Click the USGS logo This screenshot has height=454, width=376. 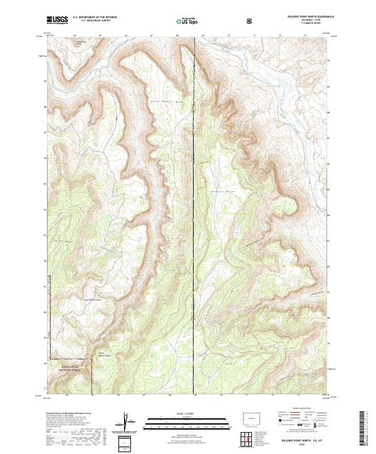click(58, 20)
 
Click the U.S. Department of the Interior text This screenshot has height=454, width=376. click(95, 17)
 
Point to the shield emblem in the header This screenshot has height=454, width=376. click(251, 21)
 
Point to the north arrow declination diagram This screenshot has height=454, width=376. click(128, 423)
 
